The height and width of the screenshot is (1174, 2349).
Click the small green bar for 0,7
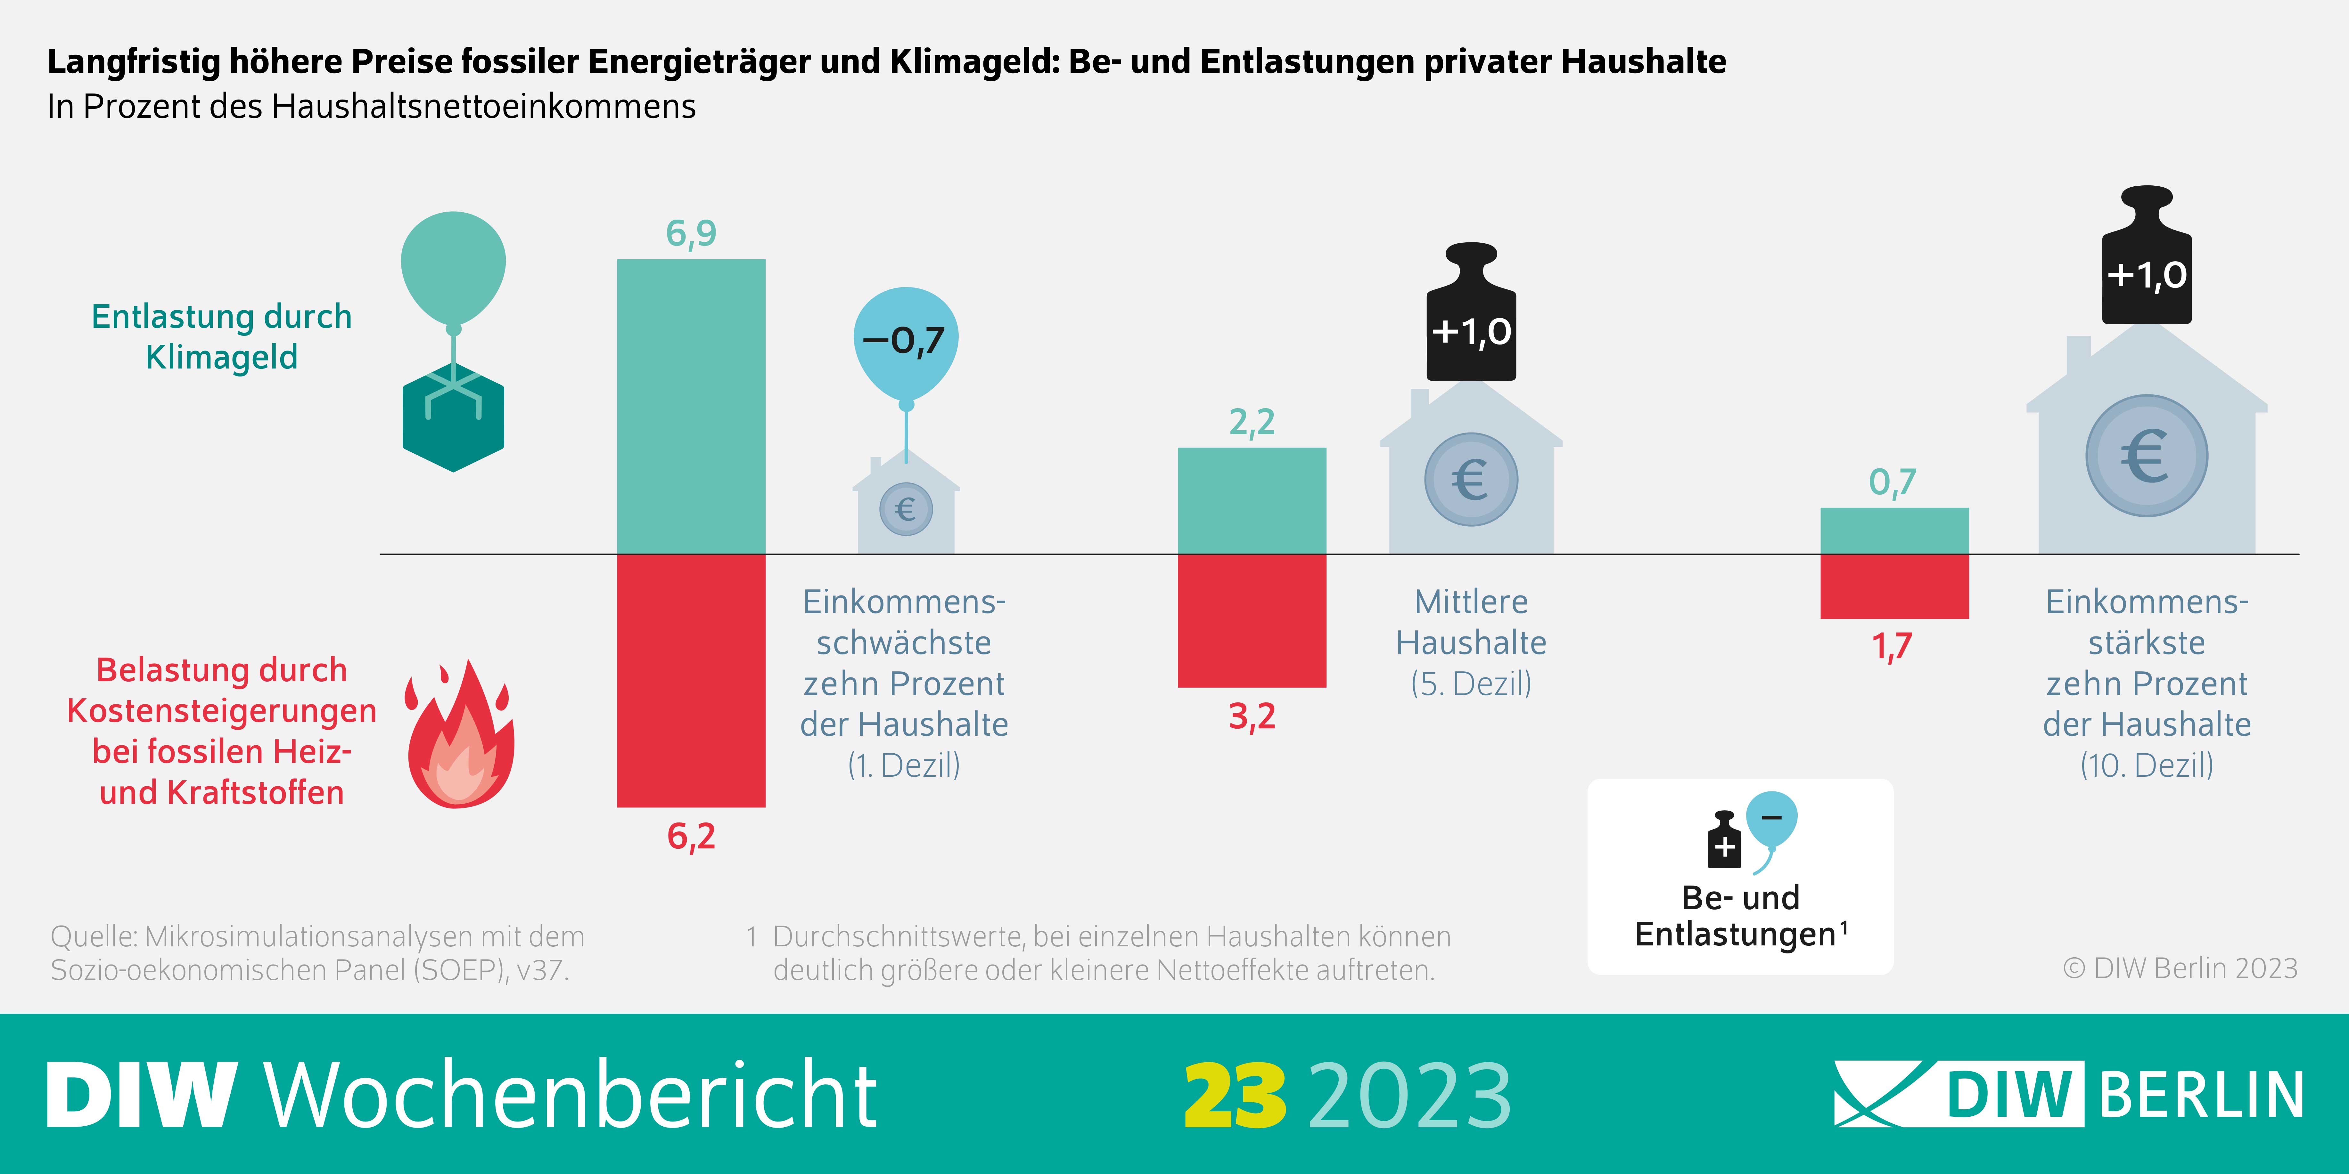click(x=1894, y=530)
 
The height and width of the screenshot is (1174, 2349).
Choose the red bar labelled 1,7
click(x=1894, y=586)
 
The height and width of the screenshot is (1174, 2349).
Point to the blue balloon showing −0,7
click(x=906, y=342)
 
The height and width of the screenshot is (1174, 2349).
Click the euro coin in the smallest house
click(x=906, y=509)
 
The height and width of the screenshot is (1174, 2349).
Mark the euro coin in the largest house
click(x=2147, y=456)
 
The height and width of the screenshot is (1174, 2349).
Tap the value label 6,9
click(x=691, y=233)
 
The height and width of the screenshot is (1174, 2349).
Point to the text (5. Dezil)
click(x=1471, y=684)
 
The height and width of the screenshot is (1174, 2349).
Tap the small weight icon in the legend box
click(x=1723, y=840)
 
